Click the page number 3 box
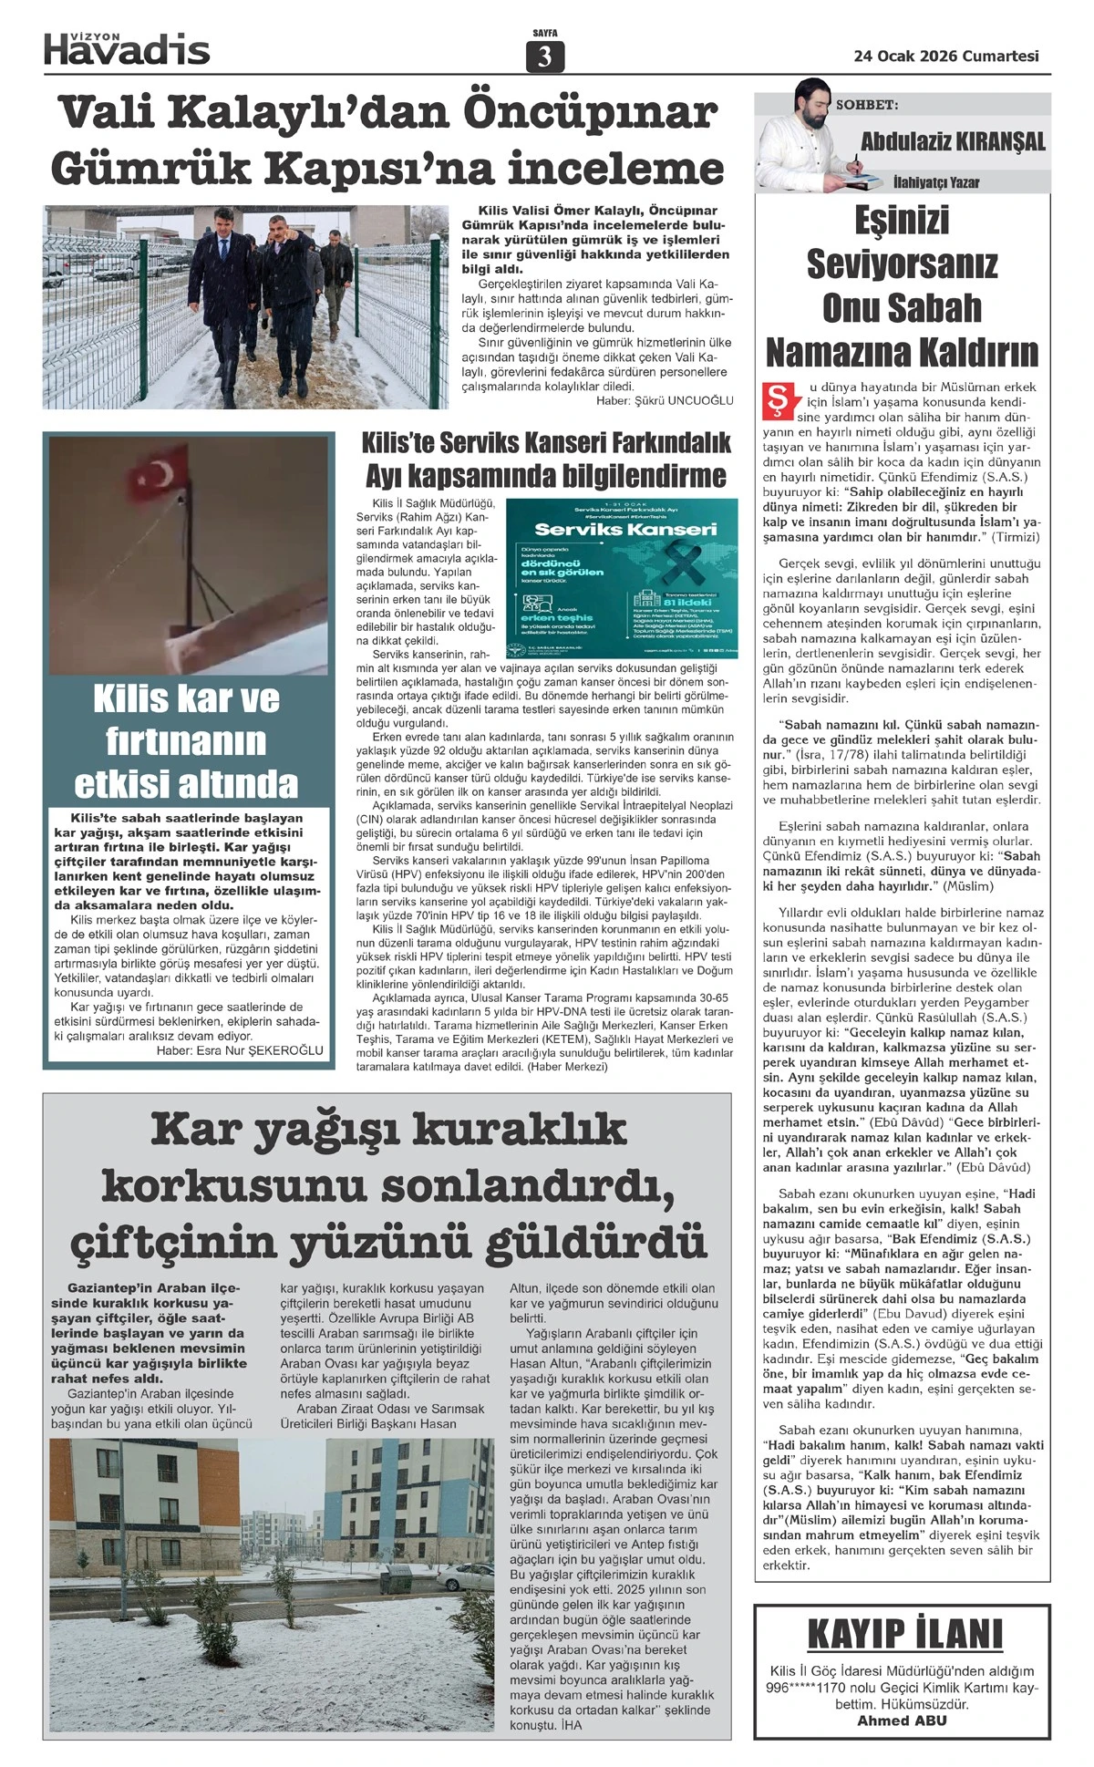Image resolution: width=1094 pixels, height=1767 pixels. pyautogui.click(x=545, y=57)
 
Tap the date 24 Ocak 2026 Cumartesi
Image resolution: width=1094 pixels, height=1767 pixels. pyautogui.click(x=946, y=56)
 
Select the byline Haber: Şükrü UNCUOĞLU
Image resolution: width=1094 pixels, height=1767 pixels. pyautogui.click(x=665, y=400)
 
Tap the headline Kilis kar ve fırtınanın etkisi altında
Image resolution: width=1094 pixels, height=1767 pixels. pyautogui.click(x=187, y=740)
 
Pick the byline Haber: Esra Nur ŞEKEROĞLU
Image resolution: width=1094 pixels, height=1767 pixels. pyautogui.click(x=240, y=1050)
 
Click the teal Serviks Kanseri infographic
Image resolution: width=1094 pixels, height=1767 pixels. pyautogui.click(x=622, y=578)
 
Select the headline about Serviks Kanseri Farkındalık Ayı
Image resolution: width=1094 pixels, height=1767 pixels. pyautogui.click(x=546, y=460)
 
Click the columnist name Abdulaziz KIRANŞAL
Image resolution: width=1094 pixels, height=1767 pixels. pyautogui.click(x=953, y=142)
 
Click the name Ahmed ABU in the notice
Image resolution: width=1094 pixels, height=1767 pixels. pyautogui.click(x=902, y=1721)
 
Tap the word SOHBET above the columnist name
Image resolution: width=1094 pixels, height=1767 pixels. pyautogui.click(x=867, y=105)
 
